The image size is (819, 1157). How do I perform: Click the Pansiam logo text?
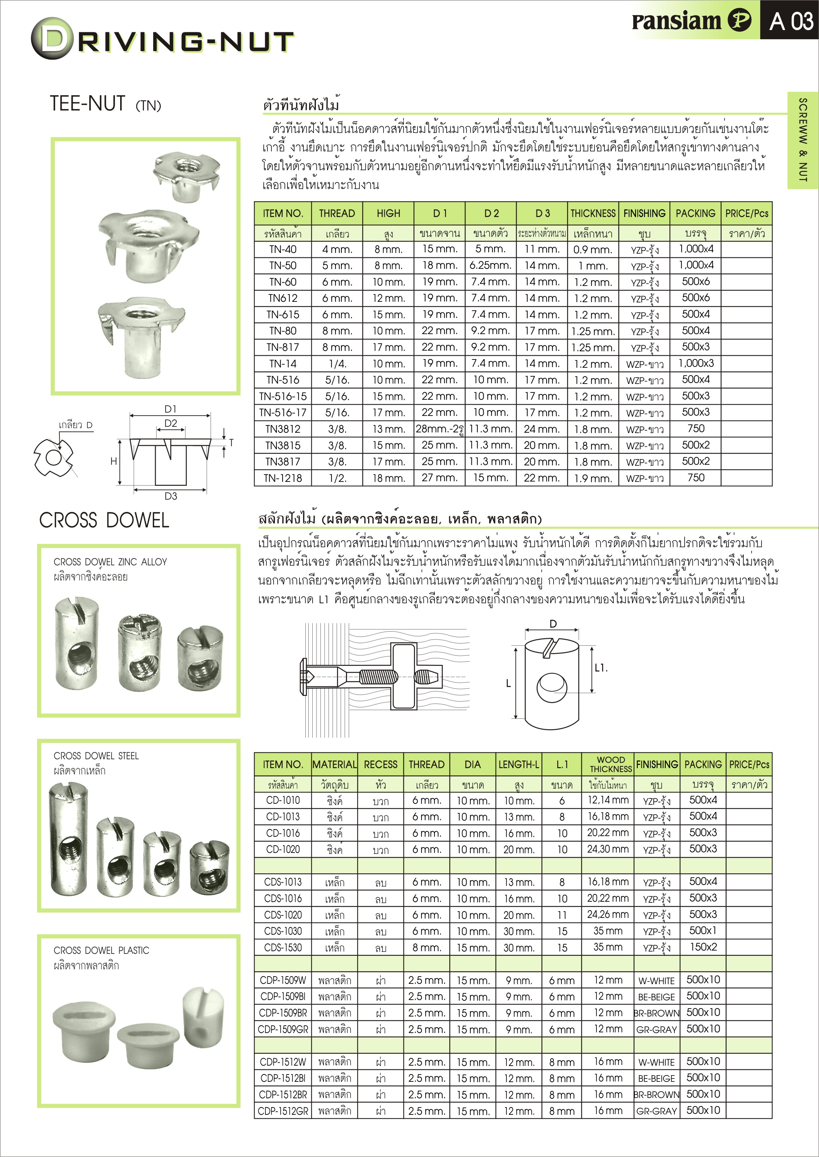(676, 21)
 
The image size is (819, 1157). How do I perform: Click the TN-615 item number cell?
(283, 314)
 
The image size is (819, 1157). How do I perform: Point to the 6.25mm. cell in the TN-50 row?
(490, 266)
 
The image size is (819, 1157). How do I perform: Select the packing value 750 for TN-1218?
(696, 478)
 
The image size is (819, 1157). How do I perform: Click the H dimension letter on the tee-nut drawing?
(114, 461)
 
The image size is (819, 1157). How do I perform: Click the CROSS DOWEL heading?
(104, 520)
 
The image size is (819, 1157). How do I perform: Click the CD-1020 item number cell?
(283, 849)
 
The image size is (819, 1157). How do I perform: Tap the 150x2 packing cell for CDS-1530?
(703, 947)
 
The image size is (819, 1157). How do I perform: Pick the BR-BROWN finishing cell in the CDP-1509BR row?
(657, 1013)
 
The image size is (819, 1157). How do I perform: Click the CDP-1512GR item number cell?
(283, 1110)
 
